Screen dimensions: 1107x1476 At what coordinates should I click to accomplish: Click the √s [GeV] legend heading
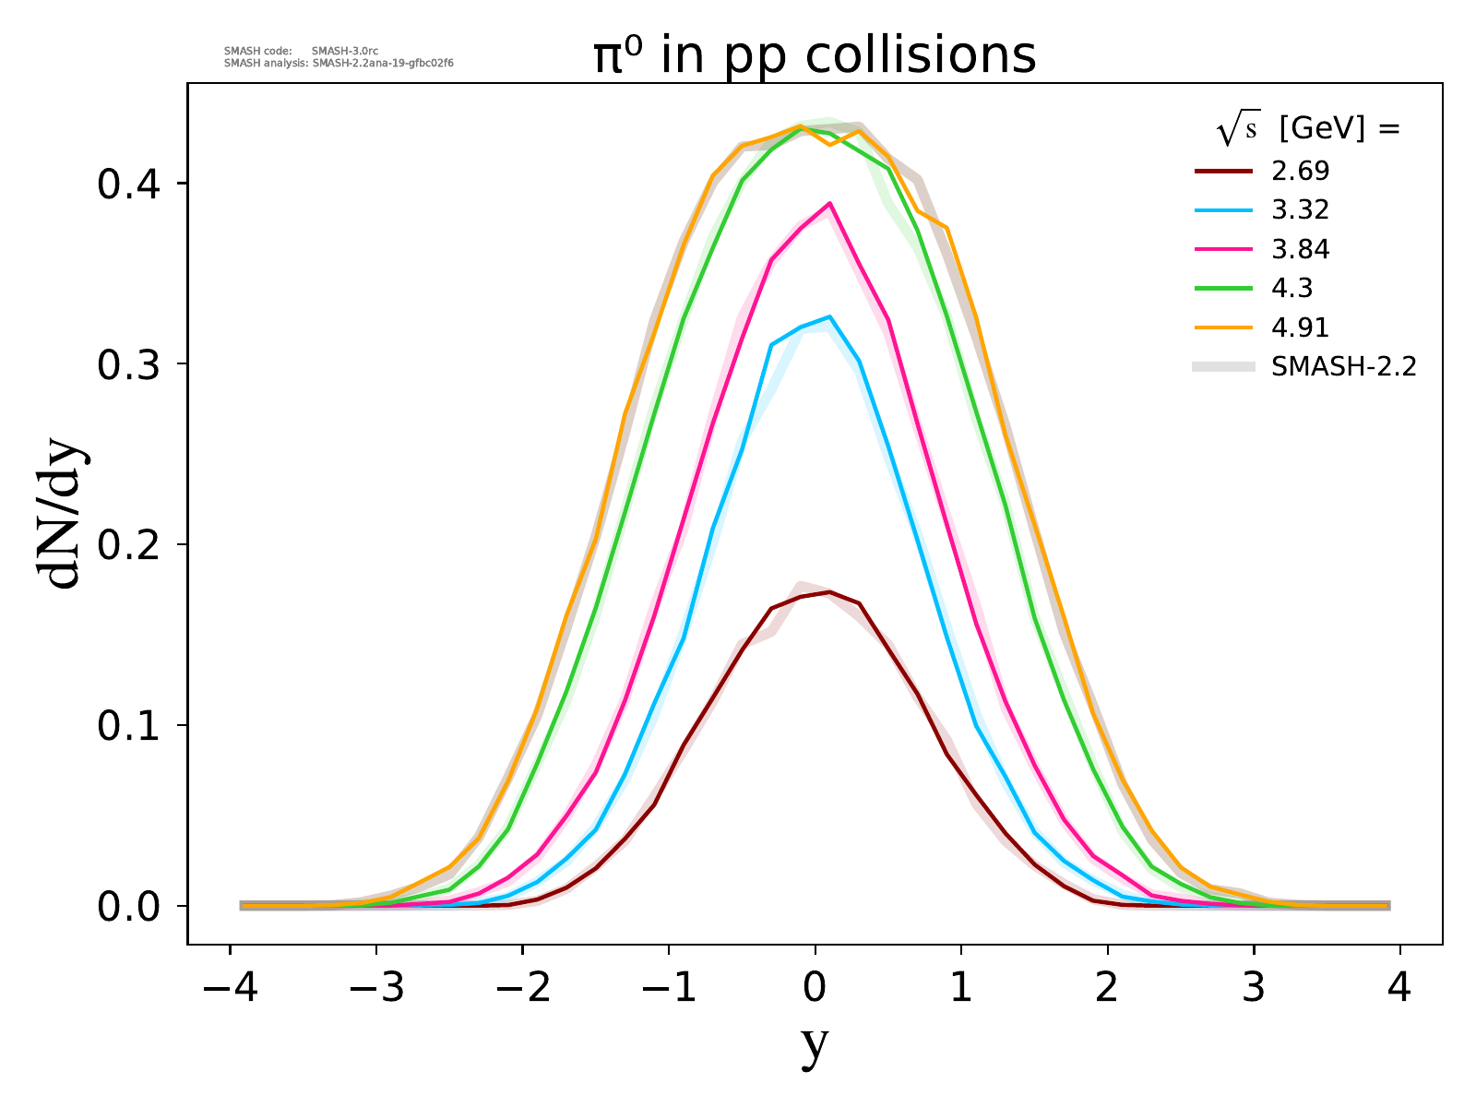1309,130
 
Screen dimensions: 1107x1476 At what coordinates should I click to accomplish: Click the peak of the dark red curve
830,592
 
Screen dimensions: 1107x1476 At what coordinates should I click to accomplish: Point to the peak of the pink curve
830,203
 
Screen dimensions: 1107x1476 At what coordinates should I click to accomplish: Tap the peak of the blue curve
830,316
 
